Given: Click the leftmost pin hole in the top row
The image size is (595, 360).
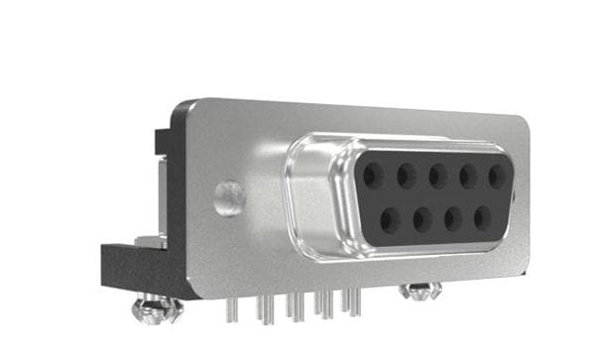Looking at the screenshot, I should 373,176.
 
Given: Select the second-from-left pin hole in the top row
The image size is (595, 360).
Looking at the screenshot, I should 405,177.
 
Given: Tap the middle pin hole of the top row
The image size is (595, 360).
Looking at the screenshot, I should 436,177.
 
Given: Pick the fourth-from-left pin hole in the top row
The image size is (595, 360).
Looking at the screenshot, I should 467,177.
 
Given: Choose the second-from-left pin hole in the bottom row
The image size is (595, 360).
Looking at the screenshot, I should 420,217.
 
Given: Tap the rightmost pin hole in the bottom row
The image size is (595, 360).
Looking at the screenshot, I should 484,217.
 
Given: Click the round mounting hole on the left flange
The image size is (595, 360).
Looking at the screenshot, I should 229,195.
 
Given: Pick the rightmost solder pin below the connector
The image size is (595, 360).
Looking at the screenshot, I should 355,301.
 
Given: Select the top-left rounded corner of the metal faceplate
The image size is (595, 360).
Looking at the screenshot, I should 183,109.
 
